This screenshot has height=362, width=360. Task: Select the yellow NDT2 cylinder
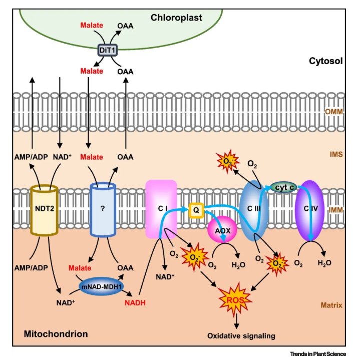pos(44,210)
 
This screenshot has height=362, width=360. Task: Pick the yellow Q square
pos(197,210)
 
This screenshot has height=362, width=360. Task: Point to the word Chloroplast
pos(177,18)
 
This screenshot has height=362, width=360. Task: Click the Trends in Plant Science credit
pos(318,354)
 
